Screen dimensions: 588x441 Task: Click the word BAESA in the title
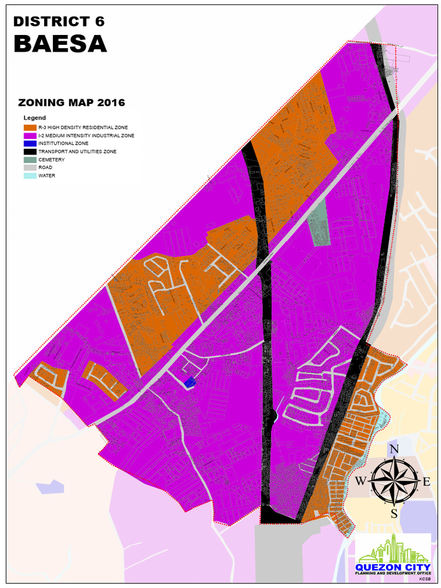pyautogui.click(x=60, y=44)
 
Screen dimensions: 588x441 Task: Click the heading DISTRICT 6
pyautogui.click(x=59, y=22)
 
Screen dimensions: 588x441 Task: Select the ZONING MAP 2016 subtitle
pyautogui.click(x=72, y=103)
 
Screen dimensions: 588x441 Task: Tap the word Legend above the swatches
pyautogui.click(x=34, y=118)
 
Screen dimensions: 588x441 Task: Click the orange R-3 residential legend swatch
pyautogui.click(x=30, y=127)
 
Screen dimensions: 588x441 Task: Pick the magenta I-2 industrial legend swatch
pyautogui.click(x=30, y=136)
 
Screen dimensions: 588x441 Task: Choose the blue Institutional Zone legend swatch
pyautogui.click(x=30, y=144)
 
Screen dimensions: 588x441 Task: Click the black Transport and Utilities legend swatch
pyautogui.click(x=30, y=152)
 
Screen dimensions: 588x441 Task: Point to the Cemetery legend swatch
pyautogui.click(x=30, y=160)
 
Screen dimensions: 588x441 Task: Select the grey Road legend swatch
pyautogui.click(x=30, y=168)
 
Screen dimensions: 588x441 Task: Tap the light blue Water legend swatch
pyautogui.click(x=30, y=176)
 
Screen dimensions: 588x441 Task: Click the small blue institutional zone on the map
pyautogui.click(x=190, y=382)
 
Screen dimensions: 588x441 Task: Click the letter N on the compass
pyautogui.click(x=394, y=450)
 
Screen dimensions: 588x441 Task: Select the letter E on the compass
pyautogui.click(x=426, y=482)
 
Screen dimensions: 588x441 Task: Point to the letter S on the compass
pyautogui.click(x=394, y=513)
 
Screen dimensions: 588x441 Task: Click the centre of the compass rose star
pyautogui.click(x=394, y=481)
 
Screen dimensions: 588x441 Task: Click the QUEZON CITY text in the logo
pyautogui.click(x=393, y=566)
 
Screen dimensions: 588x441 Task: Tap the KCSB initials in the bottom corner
pyautogui.click(x=424, y=579)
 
